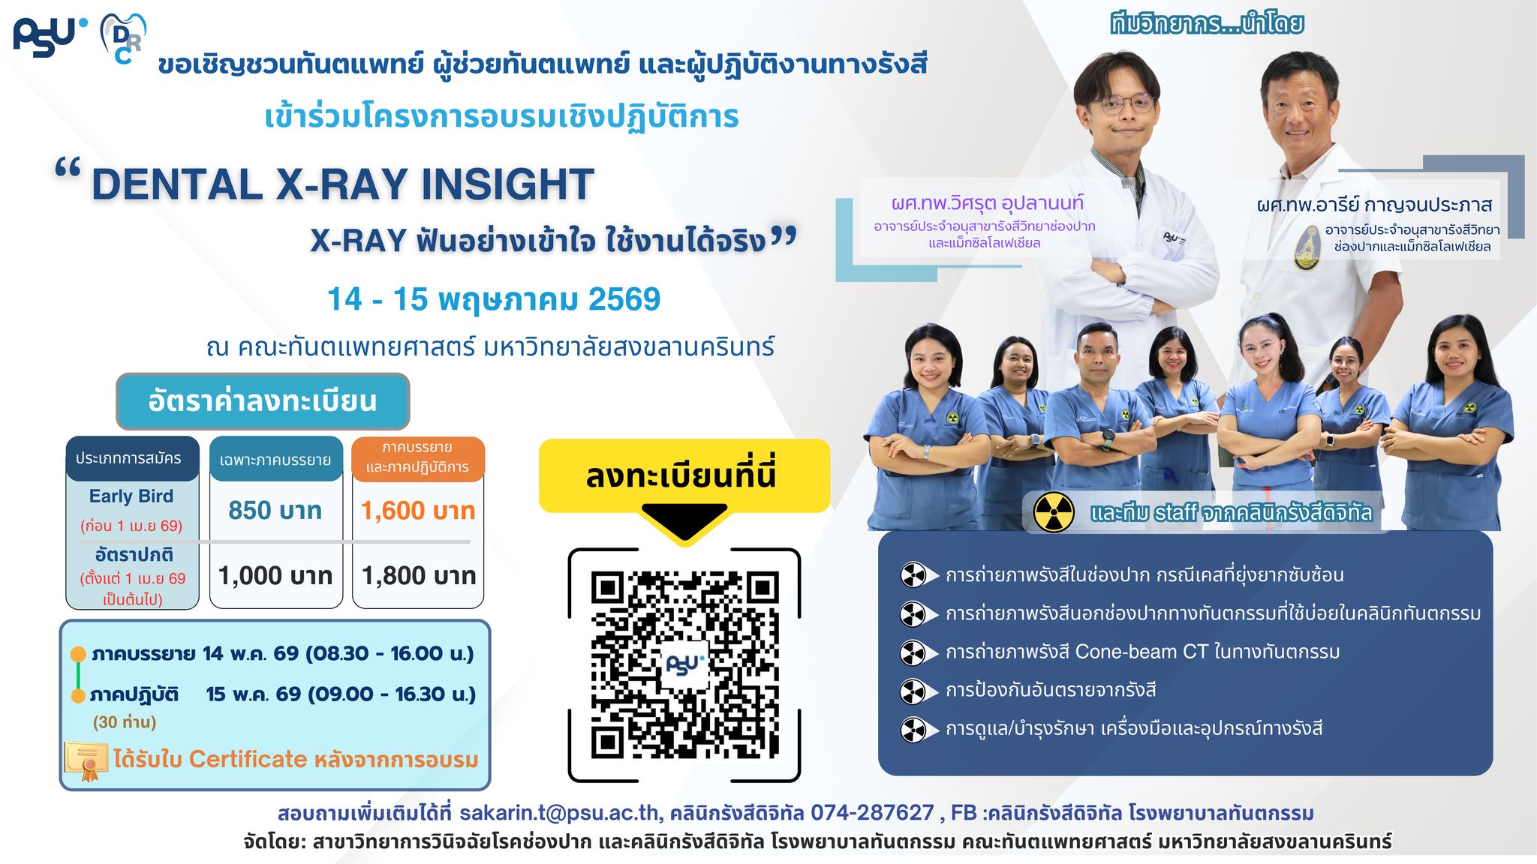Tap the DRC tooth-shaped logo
pos(123,37)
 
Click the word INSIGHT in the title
pos(507,184)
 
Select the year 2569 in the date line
pos(624,299)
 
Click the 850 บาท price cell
pos(275,511)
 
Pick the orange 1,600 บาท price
pos(418,511)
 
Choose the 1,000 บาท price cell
pos(275,576)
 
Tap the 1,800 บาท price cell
pos(418,576)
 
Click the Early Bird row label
pos(131,496)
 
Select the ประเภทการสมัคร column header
pos(129,458)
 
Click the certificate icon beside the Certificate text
pos(86,760)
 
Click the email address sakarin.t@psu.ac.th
pos(560,813)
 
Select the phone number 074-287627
pos(872,813)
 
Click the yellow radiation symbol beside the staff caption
pos(1054,513)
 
